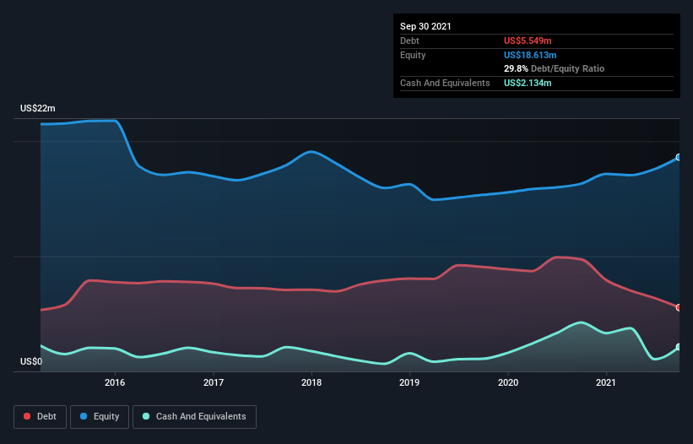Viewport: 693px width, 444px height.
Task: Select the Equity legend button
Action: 100,416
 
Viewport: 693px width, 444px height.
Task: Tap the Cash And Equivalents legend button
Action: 194,416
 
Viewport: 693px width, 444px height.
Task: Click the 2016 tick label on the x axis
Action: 116,382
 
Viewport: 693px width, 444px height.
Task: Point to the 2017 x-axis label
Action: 214,382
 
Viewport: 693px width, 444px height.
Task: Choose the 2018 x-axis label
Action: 311,382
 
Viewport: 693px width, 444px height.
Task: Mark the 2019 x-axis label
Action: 409,382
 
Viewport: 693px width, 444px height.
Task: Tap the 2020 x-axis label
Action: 508,382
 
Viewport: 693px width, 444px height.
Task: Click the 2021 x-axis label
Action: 606,382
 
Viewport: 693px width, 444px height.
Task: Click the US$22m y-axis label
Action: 38,109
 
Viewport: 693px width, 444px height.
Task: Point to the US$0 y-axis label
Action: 31,362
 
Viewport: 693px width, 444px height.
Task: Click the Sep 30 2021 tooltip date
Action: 425,26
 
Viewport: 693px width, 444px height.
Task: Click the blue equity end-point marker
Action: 679,157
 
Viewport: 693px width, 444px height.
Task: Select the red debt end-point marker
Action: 679,307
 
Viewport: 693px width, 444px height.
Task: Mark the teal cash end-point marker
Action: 679,347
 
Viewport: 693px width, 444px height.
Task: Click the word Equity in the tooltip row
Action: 414,55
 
